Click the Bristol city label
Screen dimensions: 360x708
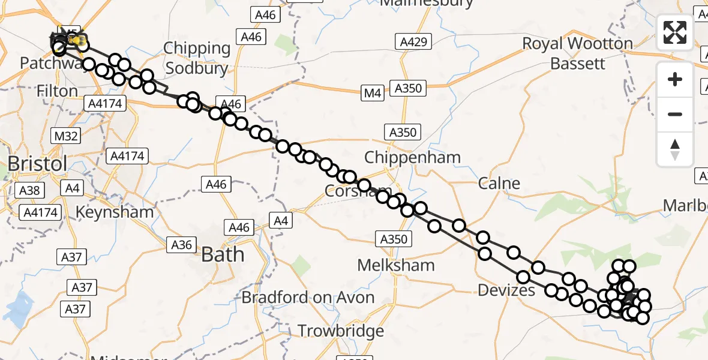pyautogui.click(x=37, y=163)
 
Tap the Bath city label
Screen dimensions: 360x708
pyautogui.click(x=223, y=254)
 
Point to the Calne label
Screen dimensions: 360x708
pyautogui.click(x=499, y=183)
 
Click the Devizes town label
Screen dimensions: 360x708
pyautogui.click(x=506, y=291)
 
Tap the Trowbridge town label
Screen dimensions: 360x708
pyautogui.click(x=341, y=331)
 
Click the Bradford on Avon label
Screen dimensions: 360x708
pyautogui.click(x=308, y=297)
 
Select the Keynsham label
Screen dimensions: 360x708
pyautogui.click(x=115, y=212)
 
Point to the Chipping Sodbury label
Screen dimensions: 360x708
pyautogui.click(x=197, y=58)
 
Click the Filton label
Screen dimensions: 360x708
pyautogui.click(x=58, y=91)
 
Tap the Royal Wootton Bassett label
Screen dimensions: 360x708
pyautogui.click(x=577, y=53)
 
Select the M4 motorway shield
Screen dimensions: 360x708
pyautogui.click(x=372, y=93)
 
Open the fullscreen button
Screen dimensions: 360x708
pyautogui.click(x=675, y=32)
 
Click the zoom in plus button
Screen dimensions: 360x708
pyautogui.click(x=675, y=80)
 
